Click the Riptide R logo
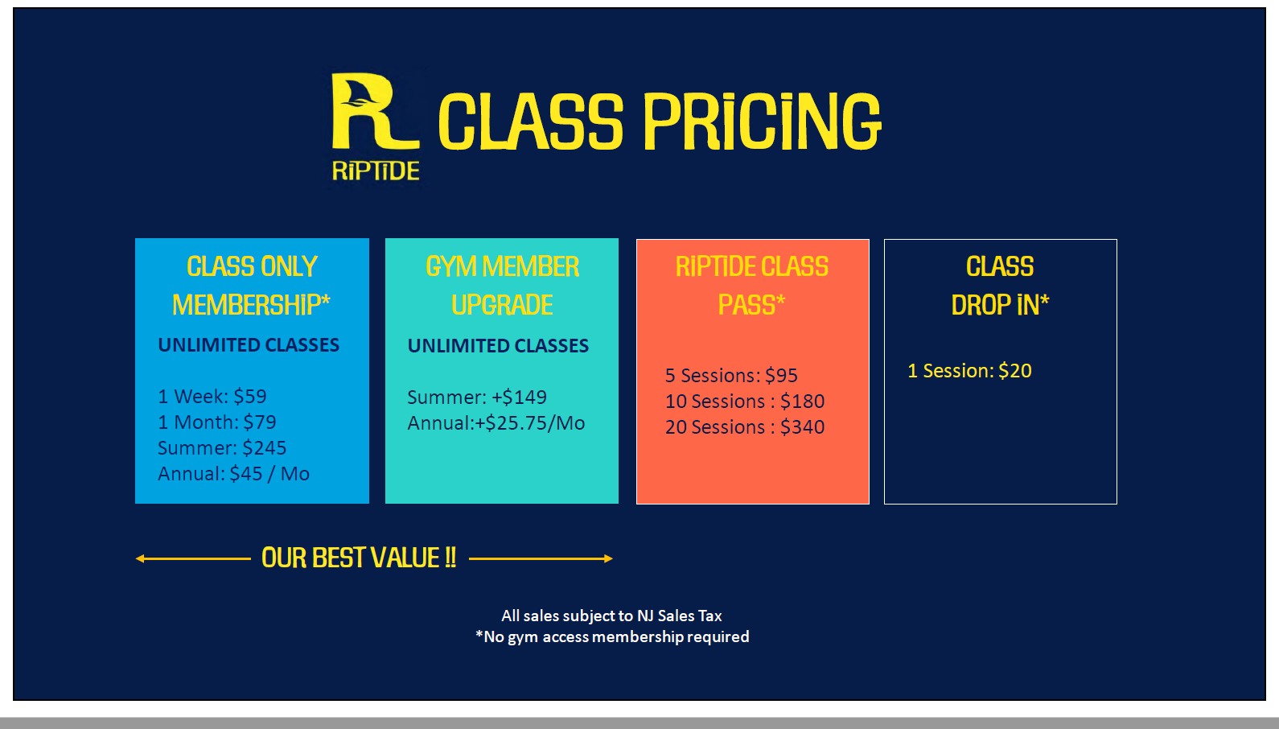click(373, 112)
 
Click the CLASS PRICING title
click(660, 121)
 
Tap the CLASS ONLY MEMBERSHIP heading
click(252, 286)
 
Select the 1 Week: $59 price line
click(212, 397)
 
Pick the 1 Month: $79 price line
click(217, 422)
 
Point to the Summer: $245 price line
click(222, 448)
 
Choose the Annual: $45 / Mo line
click(233, 474)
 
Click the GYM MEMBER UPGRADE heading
click(502, 286)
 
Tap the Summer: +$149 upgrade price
click(477, 397)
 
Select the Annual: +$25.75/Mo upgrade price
click(496, 423)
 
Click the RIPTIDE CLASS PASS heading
click(752, 286)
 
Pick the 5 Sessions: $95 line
click(731, 376)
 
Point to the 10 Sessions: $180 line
click(745, 402)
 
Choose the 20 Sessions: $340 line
click(745, 427)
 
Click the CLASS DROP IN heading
click(1000, 286)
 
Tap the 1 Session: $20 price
click(969, 371)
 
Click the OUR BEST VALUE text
click(359, 558)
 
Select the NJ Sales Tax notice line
click(611, 616)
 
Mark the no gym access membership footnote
click(612, 636)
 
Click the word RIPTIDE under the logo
click(376, 171)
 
